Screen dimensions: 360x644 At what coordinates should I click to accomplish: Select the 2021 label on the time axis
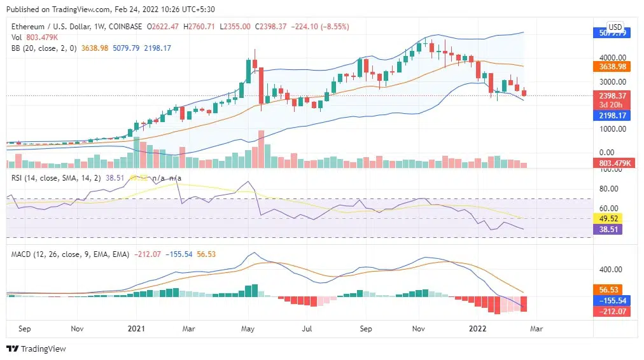point(136,329)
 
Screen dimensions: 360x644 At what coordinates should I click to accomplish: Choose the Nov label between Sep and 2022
point(418,329)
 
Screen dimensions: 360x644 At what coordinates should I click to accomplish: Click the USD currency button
point(615,27)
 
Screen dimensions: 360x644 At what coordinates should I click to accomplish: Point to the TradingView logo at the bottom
point(36,349)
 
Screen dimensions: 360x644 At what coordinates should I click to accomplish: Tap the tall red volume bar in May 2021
point(261,149)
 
